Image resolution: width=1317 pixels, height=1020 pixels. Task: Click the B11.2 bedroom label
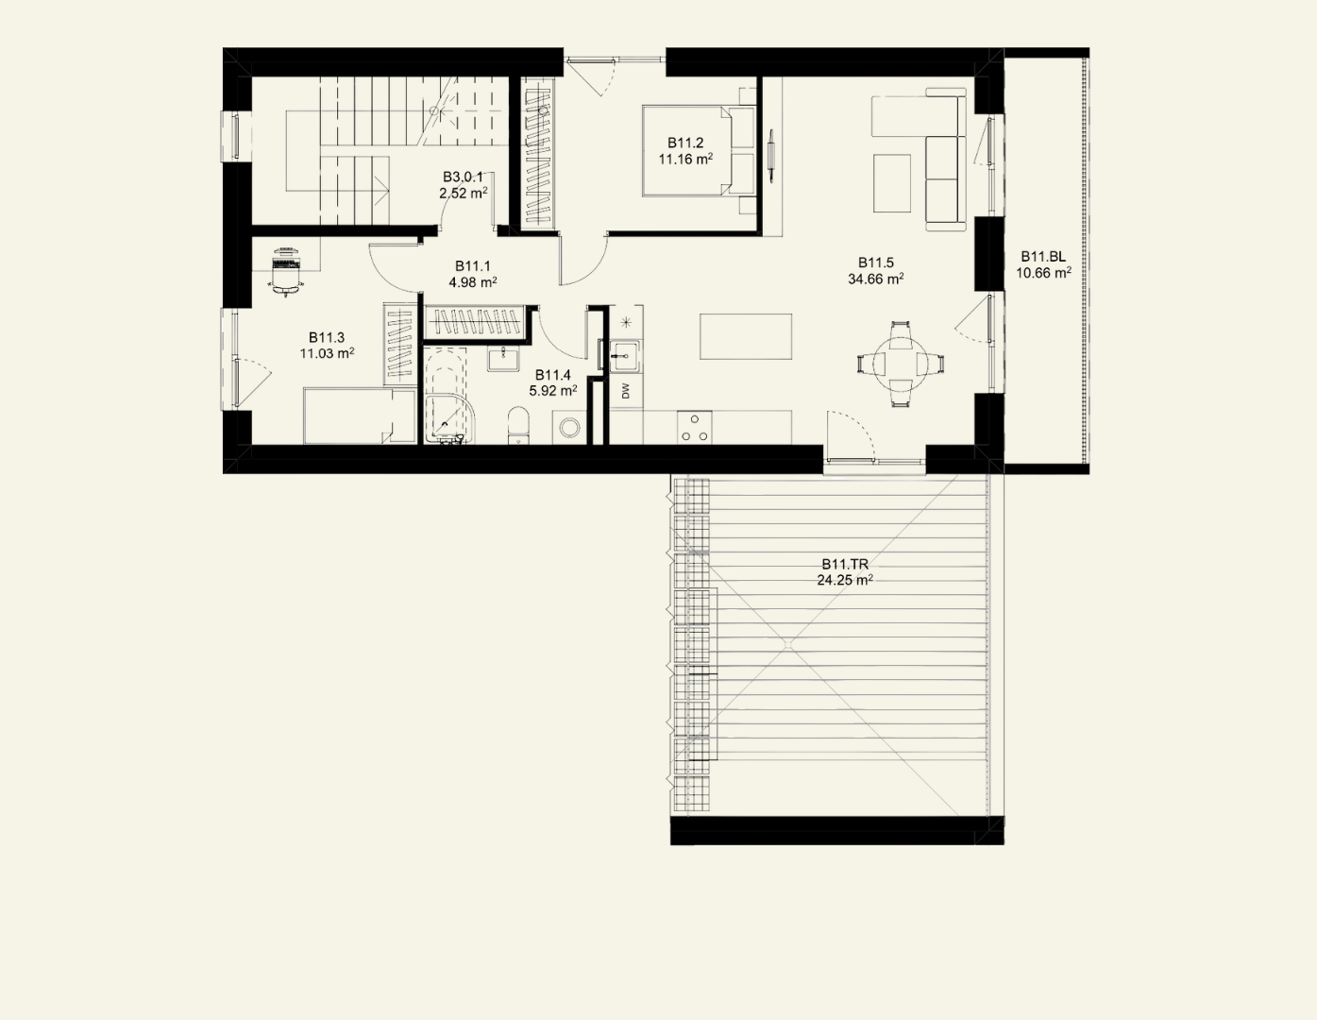click(x=685, y=143)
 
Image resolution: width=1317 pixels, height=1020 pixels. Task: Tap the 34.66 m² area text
click(x=876, y=279)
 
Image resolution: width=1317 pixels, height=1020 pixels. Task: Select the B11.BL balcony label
click(x=1043, y=256)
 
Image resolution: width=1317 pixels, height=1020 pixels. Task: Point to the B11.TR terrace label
click(x=845, y=564)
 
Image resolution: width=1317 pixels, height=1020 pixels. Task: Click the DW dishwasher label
click(x=626, y=390)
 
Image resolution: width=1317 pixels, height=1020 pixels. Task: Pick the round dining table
click(x=901, y=365)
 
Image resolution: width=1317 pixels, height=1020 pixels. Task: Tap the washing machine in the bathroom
click(x=569, y=427)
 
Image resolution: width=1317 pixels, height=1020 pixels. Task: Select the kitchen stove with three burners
click(x=695, y=427)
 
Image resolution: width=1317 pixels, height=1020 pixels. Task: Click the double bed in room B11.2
click(x=699, y=150)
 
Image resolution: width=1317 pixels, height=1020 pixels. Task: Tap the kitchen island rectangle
click(x=746, y=336)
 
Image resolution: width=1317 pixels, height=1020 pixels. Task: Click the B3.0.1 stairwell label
click(x=463, y=177)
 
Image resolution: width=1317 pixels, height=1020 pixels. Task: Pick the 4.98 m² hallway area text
click(x=473, y=281)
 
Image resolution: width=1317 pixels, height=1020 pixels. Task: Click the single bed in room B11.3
click(x=360, y=416)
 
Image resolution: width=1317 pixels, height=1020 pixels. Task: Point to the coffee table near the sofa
click(x=891, y=183)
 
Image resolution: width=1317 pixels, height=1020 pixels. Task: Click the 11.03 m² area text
click(x=327, y=352)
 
